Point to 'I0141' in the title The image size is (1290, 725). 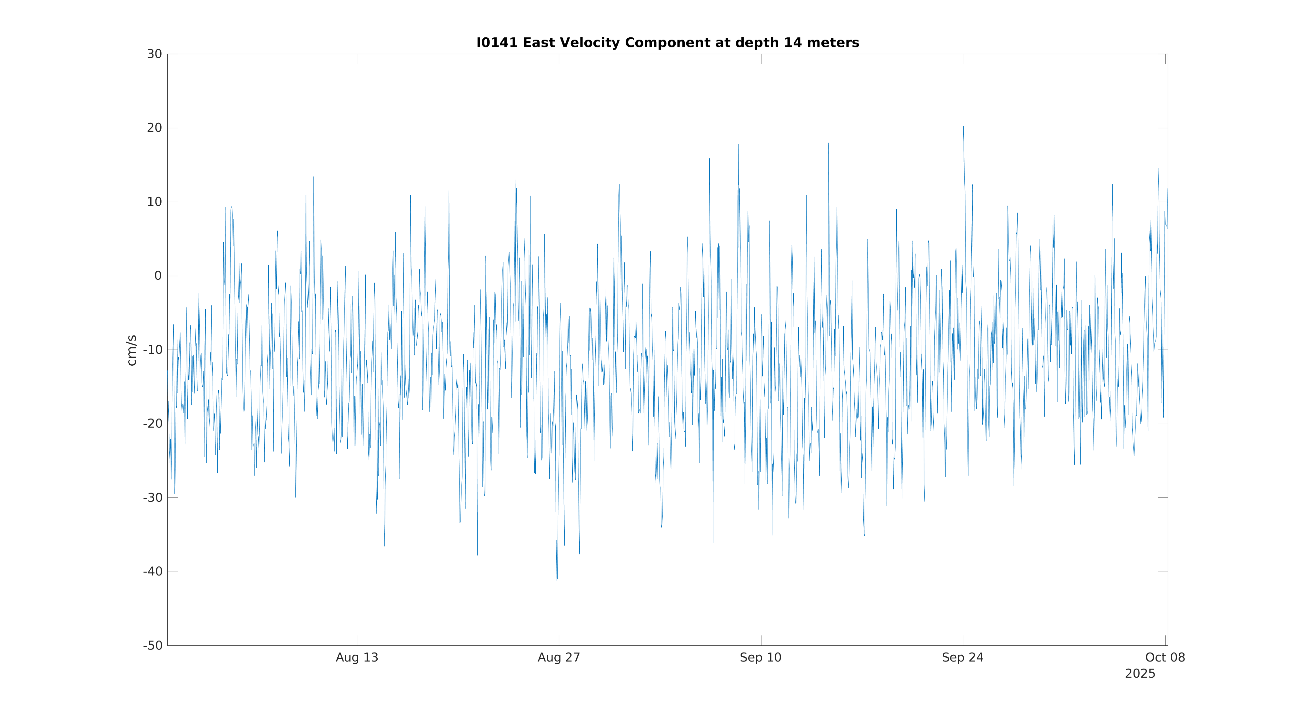tap(497, 43)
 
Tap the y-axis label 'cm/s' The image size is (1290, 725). tap(132, 350)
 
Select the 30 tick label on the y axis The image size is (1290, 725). tap(154, 54)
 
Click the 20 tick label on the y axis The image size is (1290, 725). tap(154, 128)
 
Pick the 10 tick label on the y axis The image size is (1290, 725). tap(154, 202)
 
